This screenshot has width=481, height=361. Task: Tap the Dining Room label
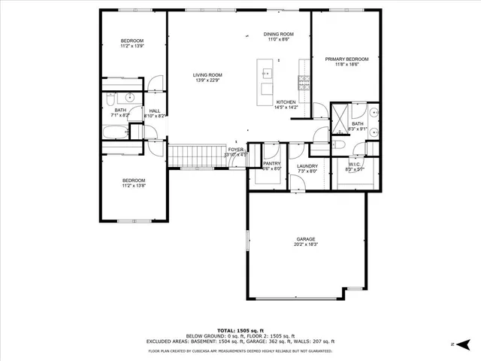click(278, 34)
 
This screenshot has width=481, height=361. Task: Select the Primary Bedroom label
click(346, 59)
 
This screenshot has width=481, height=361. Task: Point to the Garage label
click(305, 239)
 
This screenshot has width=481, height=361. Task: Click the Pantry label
click(271, 163)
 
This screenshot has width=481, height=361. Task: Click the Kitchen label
click(287, 102)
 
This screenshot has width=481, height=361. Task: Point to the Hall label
click(155, 111)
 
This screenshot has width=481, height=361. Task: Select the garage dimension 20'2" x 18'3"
click(305, 244)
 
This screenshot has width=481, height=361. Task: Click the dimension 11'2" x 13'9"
click(132, 46)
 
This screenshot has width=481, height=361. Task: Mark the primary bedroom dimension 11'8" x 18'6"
click(346, 65)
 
